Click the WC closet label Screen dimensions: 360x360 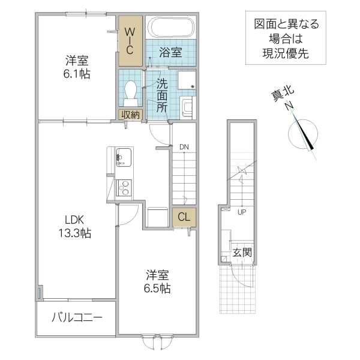tap(130, 40)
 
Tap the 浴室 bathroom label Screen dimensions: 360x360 tap(170, 52)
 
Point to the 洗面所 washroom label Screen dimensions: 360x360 tap(162, 95)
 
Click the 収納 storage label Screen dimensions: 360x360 tap(131, 115)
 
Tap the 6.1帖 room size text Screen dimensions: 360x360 tap(77, 76)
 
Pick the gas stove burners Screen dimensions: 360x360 tap(124, 188)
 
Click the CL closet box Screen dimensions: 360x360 tap(183, 218)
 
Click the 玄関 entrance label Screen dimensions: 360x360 tap(242, 251)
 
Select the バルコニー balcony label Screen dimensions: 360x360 tap(76, 317)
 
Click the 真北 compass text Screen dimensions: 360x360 tap(281, 93)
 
